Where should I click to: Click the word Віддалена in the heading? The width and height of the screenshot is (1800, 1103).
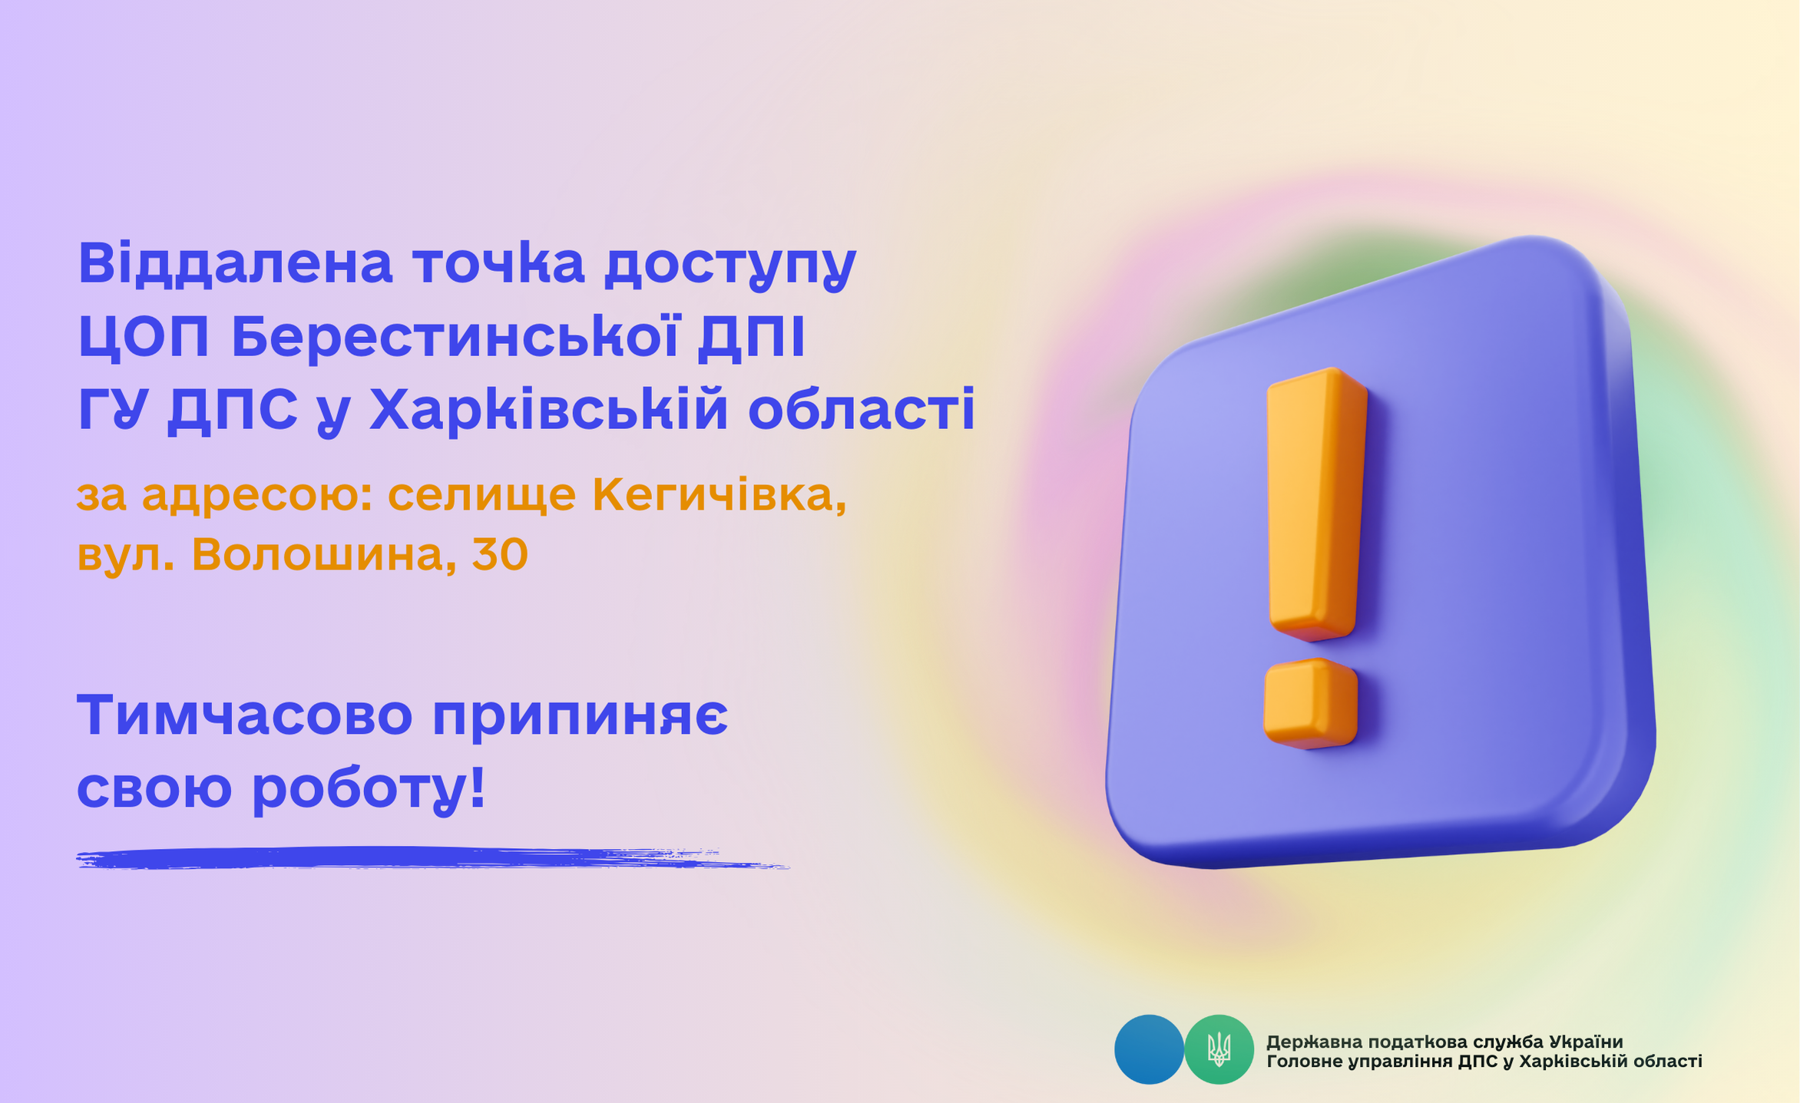pyautogui.click(x=235, y=263)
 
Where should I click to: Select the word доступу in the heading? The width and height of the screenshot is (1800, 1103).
pyautogui.click(x=730, y=267)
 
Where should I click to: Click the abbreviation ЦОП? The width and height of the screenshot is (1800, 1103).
pyautogui.click(x=144, y=337)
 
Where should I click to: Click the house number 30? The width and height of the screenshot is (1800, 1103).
pyautogui.click(x=500, y=554)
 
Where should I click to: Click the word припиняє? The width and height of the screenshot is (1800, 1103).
pyautogui.click(x=580, y=718)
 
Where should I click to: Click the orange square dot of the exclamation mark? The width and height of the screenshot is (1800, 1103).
pyautogui.click(x=1310, y=703)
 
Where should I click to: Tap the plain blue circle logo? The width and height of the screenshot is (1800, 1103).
pyautogui.click(x=1149, y=1049)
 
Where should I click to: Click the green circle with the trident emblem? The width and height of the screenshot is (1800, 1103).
pyautogui.click(x=1219, y=1049)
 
